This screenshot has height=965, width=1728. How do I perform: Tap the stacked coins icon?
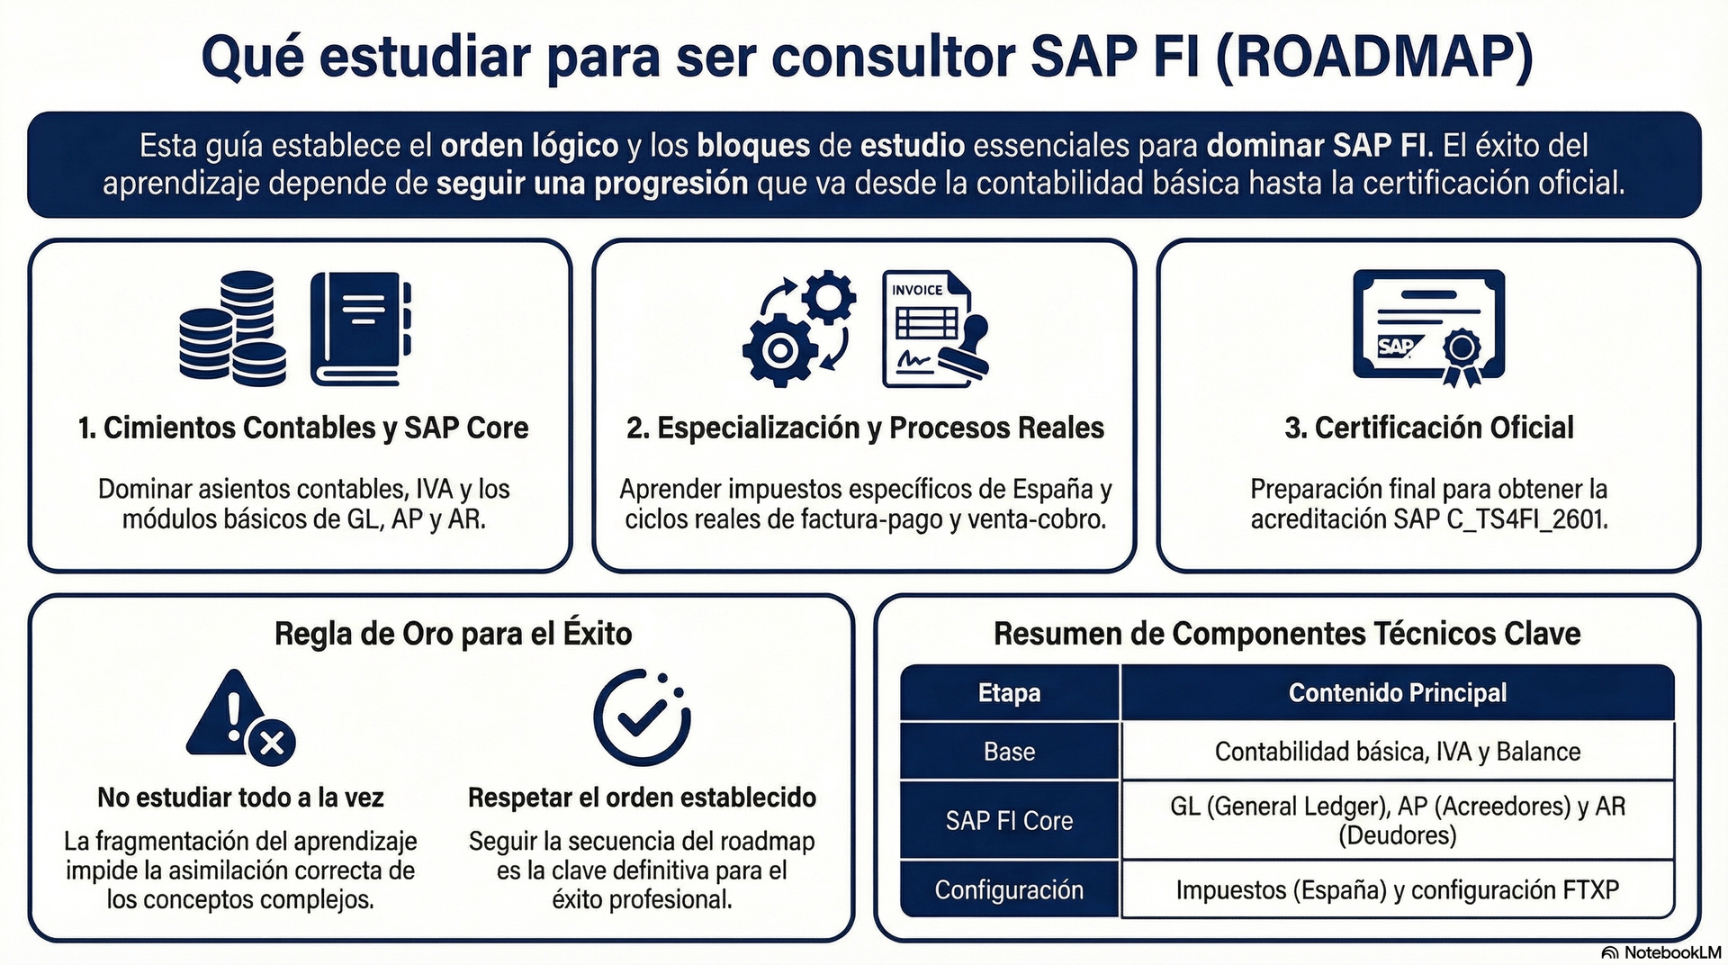point(232,329)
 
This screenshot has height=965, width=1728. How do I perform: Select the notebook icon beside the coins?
point(361,329)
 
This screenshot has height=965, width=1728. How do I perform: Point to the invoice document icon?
point(935,329)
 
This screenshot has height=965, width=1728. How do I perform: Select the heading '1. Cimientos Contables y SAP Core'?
point(303,428)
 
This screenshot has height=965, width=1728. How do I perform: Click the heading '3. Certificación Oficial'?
point(1429,428)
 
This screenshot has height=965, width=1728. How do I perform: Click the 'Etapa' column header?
point(1010,692)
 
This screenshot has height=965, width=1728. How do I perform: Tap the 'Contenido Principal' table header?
point(1398,692)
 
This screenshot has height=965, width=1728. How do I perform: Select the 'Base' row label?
point(1010,752)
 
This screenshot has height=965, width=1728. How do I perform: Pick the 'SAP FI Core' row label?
point(1010,820)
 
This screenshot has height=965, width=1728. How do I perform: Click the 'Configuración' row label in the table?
point(1010,889)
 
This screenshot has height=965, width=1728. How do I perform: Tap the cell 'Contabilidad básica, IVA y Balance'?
point(1398,752)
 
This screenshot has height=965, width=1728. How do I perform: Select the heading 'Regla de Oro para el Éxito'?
point(454,634)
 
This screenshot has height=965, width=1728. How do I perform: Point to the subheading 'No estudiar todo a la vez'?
point(240,798)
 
